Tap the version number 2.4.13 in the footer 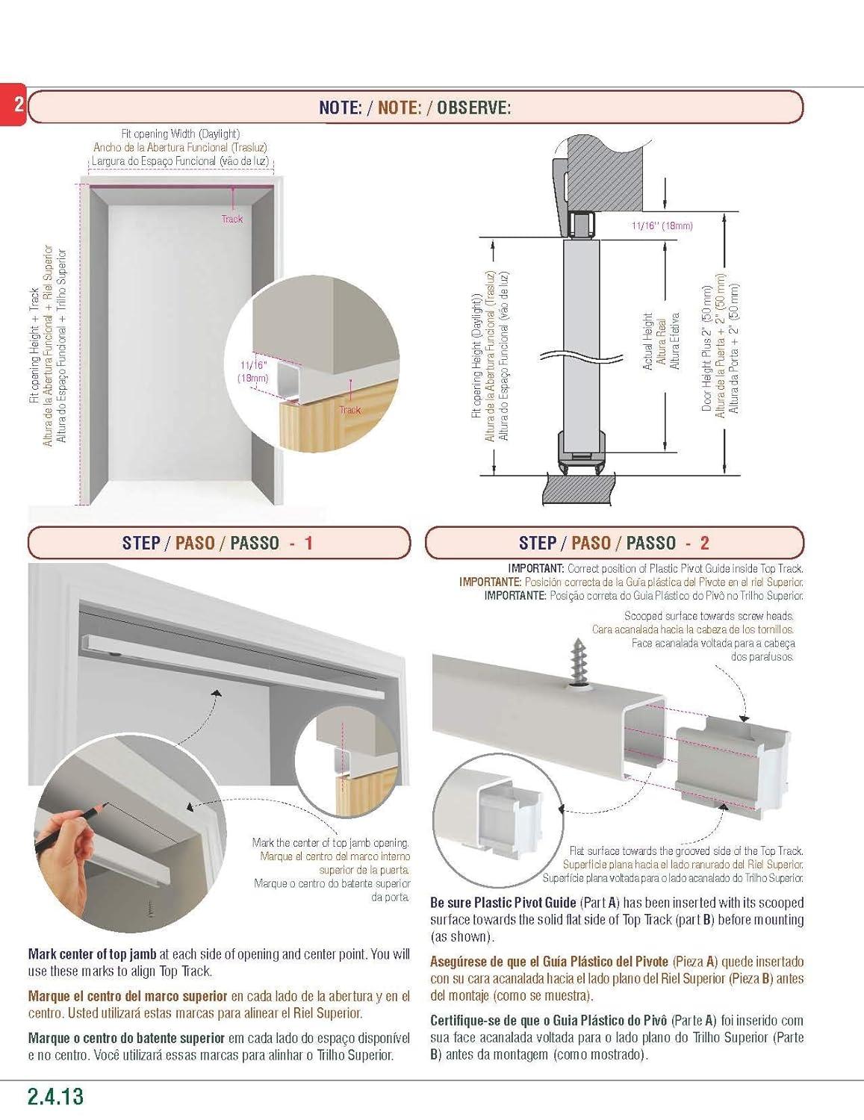[x=55, y=1096]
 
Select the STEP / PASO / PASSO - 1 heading [x=217, y=543]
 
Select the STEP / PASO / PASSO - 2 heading [x=613, y=543]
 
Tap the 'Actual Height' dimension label [x=647, y=341]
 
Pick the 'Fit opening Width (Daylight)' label [x=180, y=134]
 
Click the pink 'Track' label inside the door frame [x=232, y=219]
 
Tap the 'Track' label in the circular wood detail [x=349, y=409]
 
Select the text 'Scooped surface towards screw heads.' [x=709, y=616]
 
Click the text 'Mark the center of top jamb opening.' [x=330, y=843]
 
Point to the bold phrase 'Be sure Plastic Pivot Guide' [x=503, y=903]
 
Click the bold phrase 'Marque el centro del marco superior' [x=128, y=996]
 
